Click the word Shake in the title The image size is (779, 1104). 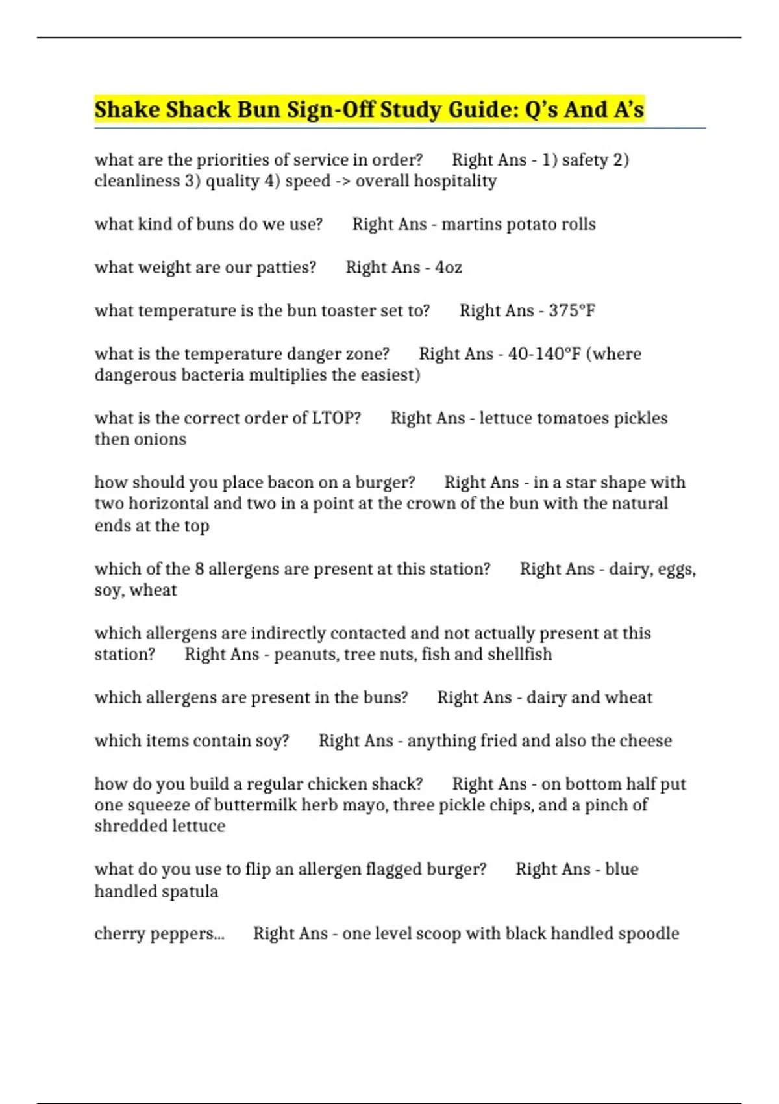point(127,109)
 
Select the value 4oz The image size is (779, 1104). point(449,267)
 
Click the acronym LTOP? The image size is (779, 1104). point(336,418)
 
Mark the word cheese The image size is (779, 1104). point(646,740)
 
